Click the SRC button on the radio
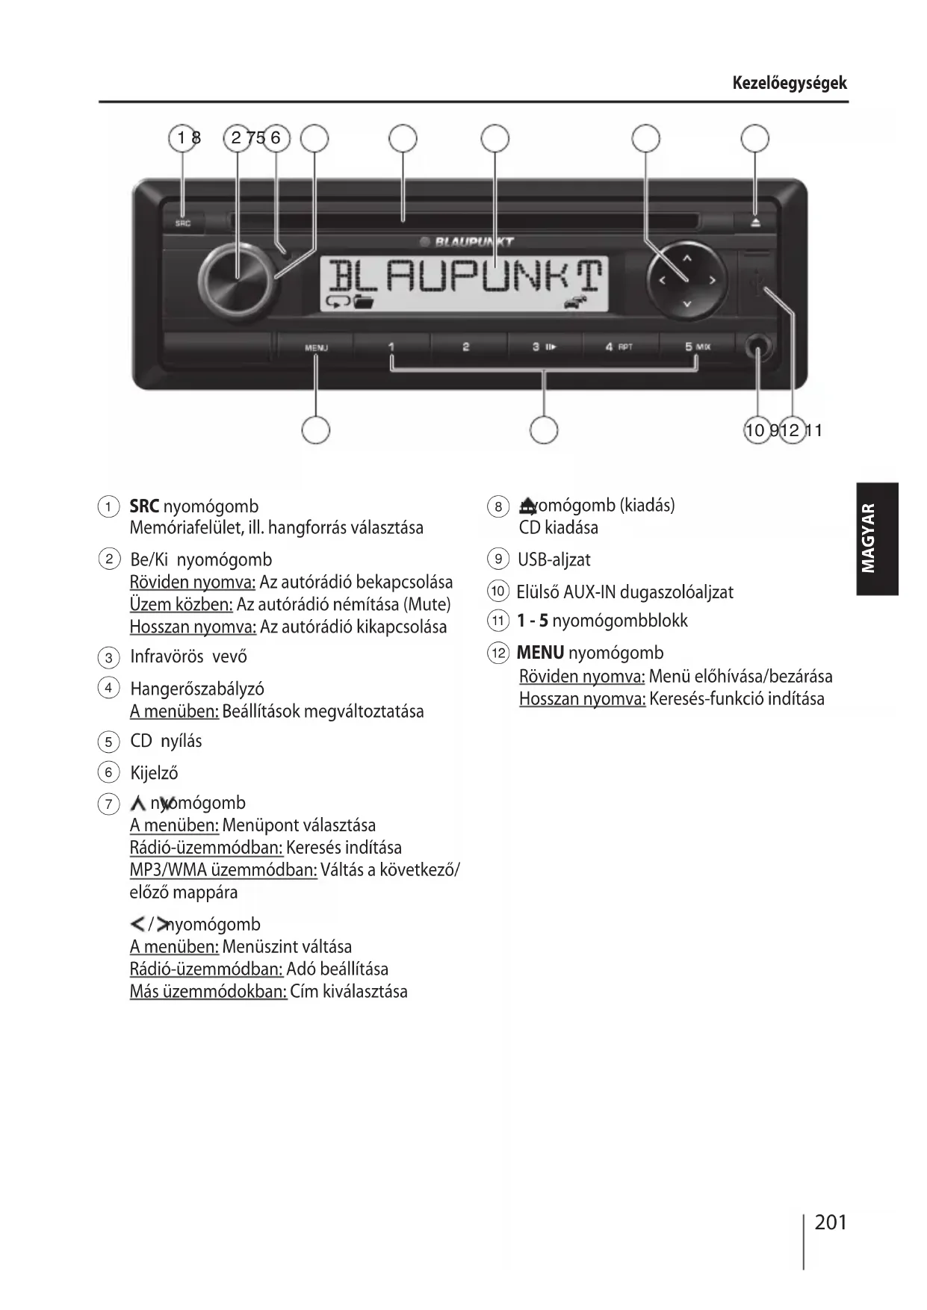(183, 223)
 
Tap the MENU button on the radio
(316, 347)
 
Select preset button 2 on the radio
(466, 347)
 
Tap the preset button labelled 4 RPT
(619, 347)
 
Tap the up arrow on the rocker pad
(687, 258)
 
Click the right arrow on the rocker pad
(713, 281)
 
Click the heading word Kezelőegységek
(790, 83)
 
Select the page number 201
(831, 1222)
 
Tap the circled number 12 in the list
(497, 653)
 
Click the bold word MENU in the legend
(540, 653)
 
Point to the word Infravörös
(167, 656)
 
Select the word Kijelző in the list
(154, 773)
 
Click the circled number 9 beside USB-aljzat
(497, 559)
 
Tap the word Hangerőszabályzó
(196, 689)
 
